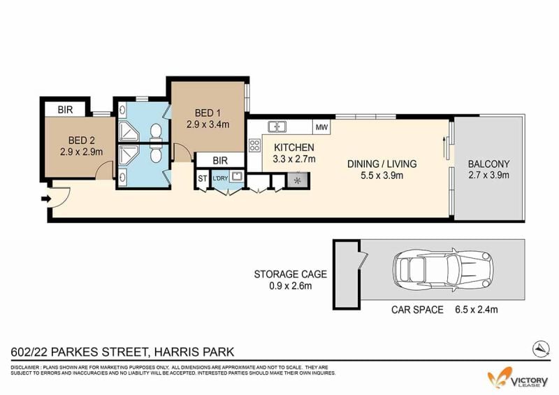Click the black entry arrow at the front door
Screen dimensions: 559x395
(x=46, y=199)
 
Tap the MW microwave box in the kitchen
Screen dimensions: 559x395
(x=321, y=127)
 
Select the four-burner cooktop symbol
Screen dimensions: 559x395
(x=254, y=145)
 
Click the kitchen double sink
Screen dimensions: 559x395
(x=277, y=126)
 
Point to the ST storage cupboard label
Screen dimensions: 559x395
(x=202, y=178)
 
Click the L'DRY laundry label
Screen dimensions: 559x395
(x=220, y=178)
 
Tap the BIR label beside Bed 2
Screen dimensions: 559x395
(x=65, y=110)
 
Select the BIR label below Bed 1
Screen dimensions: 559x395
(x=220, y=161)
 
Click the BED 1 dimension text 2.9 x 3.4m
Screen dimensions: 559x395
(x=208, y=124)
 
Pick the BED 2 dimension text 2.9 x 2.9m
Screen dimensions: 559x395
(x=81, y=152)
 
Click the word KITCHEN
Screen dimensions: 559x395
(x=294, y=148)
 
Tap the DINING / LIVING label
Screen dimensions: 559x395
(x=382, y=164)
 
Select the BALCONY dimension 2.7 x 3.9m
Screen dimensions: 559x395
(x=488, y=175)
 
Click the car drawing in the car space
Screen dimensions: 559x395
(x=443, y=270)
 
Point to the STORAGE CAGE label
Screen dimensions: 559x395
(x=290, y=274)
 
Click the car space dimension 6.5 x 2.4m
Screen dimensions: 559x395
(x=476, y=310)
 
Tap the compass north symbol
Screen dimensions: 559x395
(x=541, y=349)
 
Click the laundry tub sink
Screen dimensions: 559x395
(x=236, y=176)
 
